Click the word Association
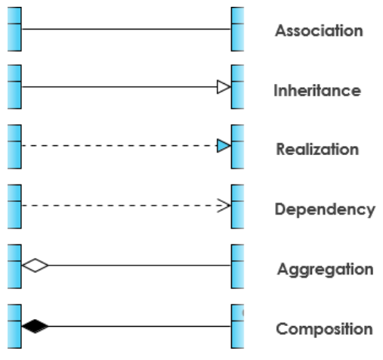point(319,31)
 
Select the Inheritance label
point(317,91)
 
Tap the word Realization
point(317,149)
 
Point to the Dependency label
point(325,209)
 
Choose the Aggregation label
point(325,269)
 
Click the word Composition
point(324,329)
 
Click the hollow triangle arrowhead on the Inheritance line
point(223,87)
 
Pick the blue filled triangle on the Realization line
point(223,146)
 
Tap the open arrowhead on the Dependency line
point(224,205)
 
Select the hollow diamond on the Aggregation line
point(35,265)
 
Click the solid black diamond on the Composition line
point(35,327)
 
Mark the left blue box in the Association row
point(14,28)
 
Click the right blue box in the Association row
point(237,28)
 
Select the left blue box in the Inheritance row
point(14,87)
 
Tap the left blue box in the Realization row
point(14,146)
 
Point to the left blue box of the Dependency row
point(14,206)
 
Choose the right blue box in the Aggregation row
point(237,265)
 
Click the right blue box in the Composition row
point(237,326)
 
